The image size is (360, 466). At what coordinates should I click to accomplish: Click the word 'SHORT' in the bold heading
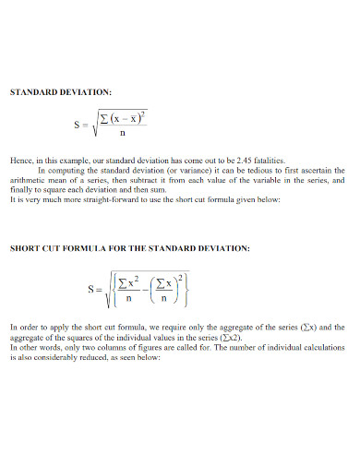coord(26,248)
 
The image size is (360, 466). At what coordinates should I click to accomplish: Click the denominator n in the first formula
coord(123,132)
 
